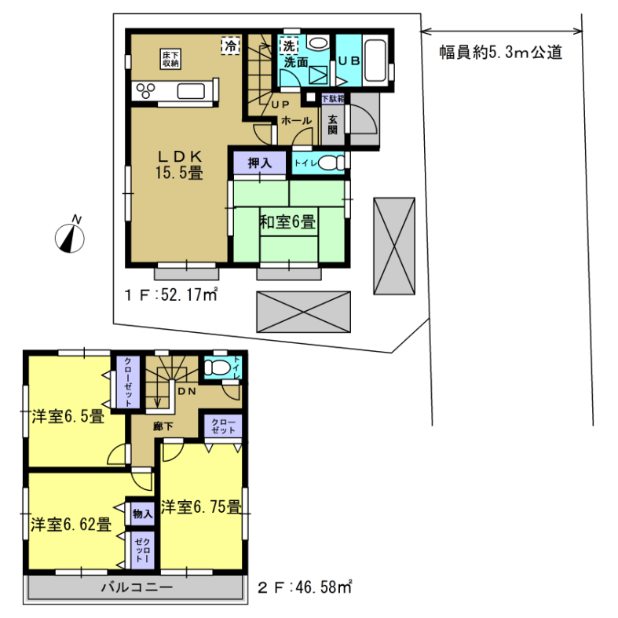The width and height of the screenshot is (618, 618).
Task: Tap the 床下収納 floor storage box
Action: point(170,59)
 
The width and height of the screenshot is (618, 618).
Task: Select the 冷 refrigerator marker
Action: point(231,46)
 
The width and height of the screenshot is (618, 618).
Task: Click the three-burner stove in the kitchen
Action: point(146,91)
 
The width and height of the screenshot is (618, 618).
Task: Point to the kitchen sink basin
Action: point(191,91)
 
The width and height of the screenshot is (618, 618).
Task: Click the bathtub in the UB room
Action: point(375,60)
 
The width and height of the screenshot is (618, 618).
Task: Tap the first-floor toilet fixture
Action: point(331,163)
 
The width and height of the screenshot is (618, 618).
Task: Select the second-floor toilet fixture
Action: point(217,368)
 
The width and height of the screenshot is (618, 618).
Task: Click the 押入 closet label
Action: point(260,163)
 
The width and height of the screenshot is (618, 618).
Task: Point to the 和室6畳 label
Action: point(287,222)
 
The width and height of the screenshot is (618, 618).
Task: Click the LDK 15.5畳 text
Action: point(179,165)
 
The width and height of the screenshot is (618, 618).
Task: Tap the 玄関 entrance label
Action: point(333,124)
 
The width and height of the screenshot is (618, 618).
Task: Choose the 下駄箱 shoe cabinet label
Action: point(333,98)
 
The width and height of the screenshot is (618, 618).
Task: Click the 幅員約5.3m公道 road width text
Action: point(500,52)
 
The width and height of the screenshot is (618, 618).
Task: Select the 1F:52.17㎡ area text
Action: point(171,294)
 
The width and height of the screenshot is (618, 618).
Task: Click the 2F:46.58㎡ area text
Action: point(305,587)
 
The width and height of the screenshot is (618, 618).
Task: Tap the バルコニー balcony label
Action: point(137,587)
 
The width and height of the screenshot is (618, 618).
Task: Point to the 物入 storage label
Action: point(142,514)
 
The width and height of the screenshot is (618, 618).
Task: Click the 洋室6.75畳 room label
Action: point(201,506)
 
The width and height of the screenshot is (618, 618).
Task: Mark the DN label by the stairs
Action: point(187,391)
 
